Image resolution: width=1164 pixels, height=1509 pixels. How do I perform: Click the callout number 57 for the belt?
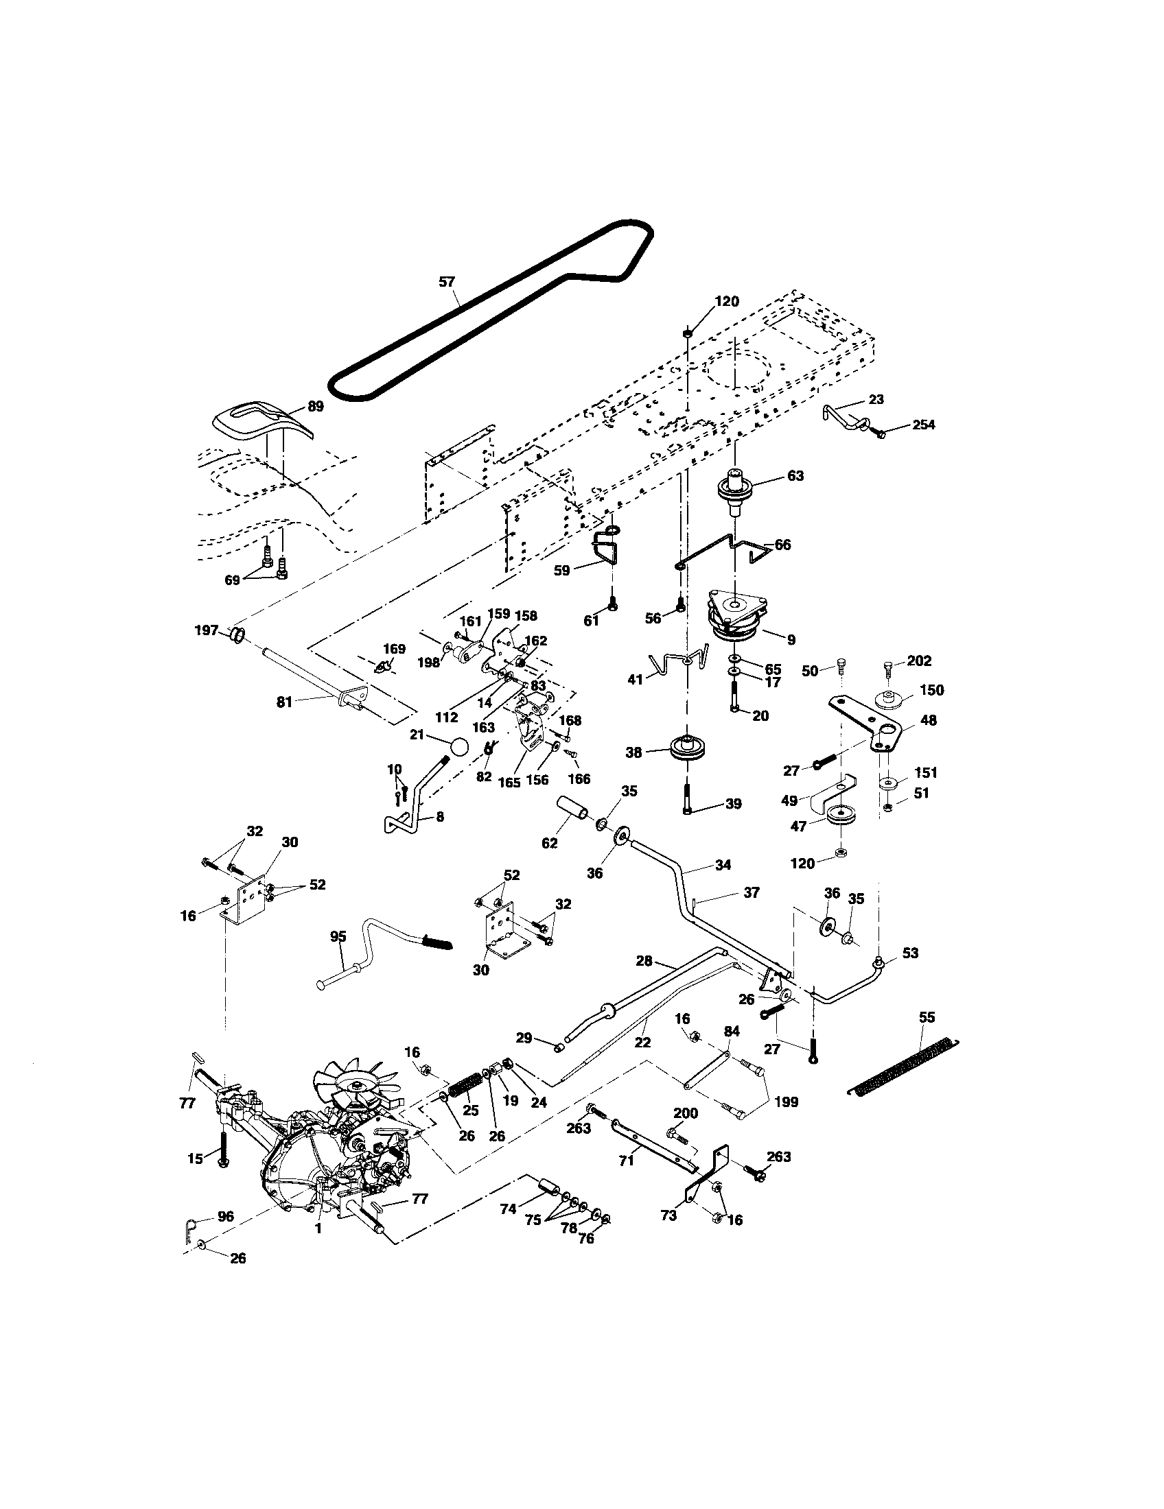coord(447,281)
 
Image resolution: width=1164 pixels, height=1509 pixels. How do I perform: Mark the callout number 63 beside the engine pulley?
coord(795,475)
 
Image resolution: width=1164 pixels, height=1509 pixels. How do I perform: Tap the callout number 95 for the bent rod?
coord(338,937)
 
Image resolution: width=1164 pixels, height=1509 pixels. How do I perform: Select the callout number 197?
coord(207,630)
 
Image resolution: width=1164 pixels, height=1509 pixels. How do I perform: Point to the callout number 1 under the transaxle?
coord(318,1229)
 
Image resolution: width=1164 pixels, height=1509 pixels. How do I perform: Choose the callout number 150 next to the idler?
coord(932,689)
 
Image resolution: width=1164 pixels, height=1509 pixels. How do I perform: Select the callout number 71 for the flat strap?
coord(625,1161)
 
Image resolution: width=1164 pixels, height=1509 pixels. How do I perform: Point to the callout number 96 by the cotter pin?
coord(225,1217)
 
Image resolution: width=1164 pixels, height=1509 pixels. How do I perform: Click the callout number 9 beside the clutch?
coord(790,640)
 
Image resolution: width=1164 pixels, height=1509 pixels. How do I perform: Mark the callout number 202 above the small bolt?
coord(918,661)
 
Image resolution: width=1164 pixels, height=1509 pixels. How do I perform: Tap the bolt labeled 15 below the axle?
coord(222,1150)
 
